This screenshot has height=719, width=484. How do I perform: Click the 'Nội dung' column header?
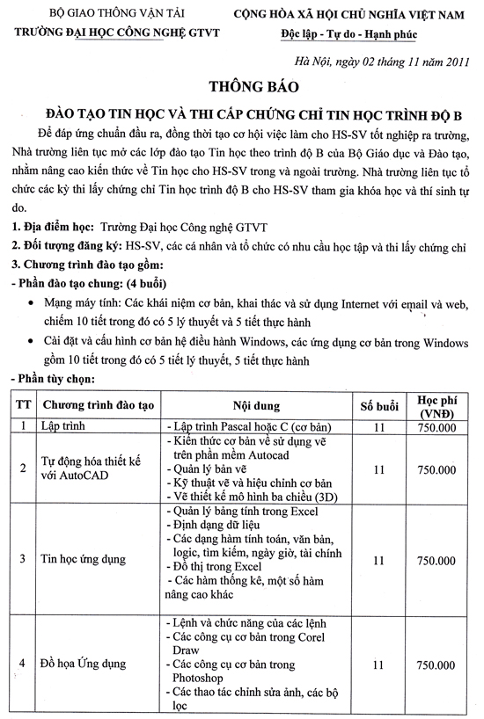(x=256, y=406)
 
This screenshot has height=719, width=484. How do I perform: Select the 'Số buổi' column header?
(x=379, y=406)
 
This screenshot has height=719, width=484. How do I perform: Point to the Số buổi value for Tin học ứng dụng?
(x=379, y=559)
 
